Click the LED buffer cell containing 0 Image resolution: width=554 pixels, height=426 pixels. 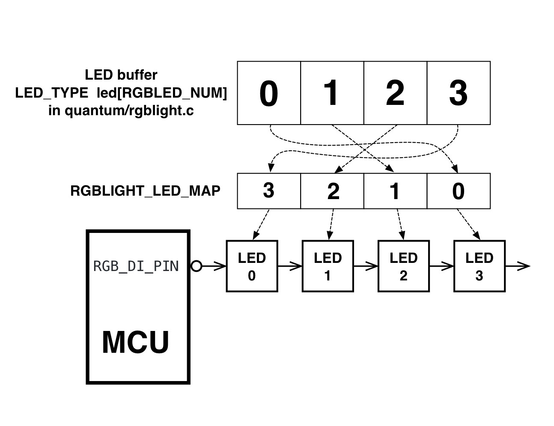pyautogui.click(x=269, y=93)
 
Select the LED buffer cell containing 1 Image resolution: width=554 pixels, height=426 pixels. pyautogui.click(x=332, y=93)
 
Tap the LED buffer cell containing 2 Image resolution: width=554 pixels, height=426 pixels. pyautogui.click(x=395, y=93)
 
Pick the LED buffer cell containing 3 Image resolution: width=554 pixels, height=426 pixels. pyautogui.click(x=459, y=93)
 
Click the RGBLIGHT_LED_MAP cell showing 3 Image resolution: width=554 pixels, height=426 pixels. pyautogui.click(x=269, y=191)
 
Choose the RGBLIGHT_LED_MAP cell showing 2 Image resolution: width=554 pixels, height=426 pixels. pyautogui.click(x=332, y=191)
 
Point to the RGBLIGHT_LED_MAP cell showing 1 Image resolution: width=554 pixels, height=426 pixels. pyautogui.click(x=395, y=191)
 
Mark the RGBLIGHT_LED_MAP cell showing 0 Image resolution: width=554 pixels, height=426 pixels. pyautogui.click(x=459, y=191)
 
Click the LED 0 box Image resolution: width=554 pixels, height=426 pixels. pyautogui.click(x=252, y=266)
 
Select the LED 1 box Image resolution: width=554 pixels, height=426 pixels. pyautogui.click(x=328, y=266)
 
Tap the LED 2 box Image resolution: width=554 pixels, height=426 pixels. pyautogui.click(x=403, y=266)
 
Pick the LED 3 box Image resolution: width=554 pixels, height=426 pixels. pyautogui.click(x=479, y=266)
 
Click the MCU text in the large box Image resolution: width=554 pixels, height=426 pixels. pyautogui.click(x=136, y=342)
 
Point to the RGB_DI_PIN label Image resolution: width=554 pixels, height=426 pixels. pyautogui.click(x=136, y=266)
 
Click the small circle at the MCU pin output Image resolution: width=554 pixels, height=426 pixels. pyautogui.click(x=196, y=266)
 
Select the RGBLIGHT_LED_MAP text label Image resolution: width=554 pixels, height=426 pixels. pyautogui.click(x=145, y=191)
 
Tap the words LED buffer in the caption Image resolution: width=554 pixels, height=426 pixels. pyautogui.click(x=121, y=75)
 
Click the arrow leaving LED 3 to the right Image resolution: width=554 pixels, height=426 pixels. pyautogui.click(x=518, y=266)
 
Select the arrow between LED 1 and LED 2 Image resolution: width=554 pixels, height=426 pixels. pyautogui.click(x=366, y=266)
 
